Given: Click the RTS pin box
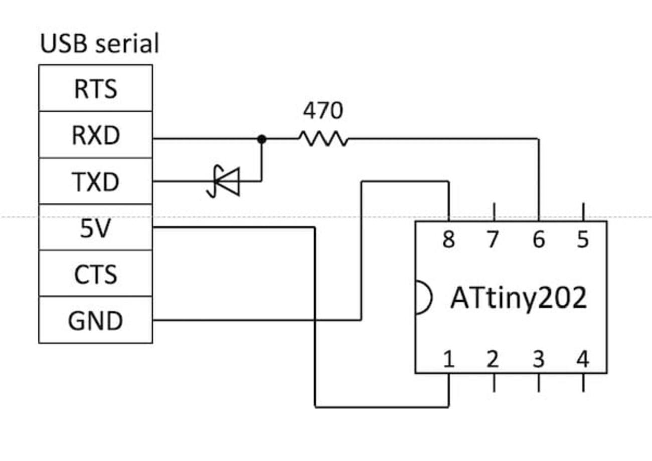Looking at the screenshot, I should (95, 88).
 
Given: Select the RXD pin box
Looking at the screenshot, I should (95, 135).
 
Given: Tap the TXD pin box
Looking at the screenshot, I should (95, 181).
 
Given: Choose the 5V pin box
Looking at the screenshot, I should (95, 228).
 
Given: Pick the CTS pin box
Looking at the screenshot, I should (95, 274).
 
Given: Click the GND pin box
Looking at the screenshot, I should (95, 320).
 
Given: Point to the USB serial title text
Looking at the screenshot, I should (99, 44).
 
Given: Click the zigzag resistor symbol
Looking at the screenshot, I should (323, 139).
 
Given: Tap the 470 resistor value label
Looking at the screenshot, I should (322, 111).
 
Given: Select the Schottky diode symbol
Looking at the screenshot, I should (225, 181).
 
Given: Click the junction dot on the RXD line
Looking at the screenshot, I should (261, 139).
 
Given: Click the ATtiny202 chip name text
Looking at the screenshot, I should (519, 298).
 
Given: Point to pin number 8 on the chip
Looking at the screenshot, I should (448, 240).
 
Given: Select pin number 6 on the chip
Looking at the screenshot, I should (538, 240).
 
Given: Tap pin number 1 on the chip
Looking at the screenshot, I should (448, 359).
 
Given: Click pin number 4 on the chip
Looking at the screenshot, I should (583, 359).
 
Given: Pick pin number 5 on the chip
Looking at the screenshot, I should (583, 240).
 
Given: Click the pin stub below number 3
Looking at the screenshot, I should (538, 382).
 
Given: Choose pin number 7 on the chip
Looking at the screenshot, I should (493, 240).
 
